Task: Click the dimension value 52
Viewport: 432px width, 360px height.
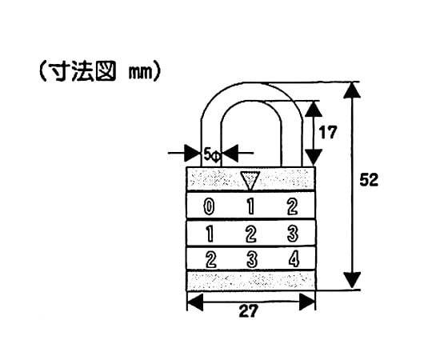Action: coord(369,180)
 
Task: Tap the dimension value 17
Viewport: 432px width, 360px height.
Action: coord(327,132)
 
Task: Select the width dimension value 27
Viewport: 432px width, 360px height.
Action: coord(249,311)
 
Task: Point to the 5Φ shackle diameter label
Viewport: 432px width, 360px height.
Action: coord(212,155)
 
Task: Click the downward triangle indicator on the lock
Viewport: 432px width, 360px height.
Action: coord(250,179)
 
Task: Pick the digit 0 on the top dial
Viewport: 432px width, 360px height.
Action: coord(209,207)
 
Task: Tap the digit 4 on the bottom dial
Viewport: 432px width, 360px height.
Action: coord(294,259)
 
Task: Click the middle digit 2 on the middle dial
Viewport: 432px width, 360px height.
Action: coord(250,234)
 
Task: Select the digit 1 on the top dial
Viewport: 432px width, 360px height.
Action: coord(250,206)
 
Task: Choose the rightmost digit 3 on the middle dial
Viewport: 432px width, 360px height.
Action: coord(293,234)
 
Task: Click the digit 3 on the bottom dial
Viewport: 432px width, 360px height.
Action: coord(252,259)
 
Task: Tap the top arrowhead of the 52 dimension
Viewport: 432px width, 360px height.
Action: coord(352,90)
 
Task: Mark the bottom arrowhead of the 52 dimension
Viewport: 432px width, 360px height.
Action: coord(352,280)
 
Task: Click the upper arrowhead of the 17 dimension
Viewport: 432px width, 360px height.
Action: coord(314,109)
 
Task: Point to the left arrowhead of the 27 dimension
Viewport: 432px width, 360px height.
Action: coord(195,302)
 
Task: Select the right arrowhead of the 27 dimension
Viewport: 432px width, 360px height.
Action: coord(307,302)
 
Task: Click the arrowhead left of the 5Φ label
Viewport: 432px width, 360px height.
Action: coord(192,153)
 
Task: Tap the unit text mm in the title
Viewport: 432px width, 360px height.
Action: coord(141,74)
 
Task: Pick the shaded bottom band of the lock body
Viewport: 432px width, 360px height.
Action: coord(251,280)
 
